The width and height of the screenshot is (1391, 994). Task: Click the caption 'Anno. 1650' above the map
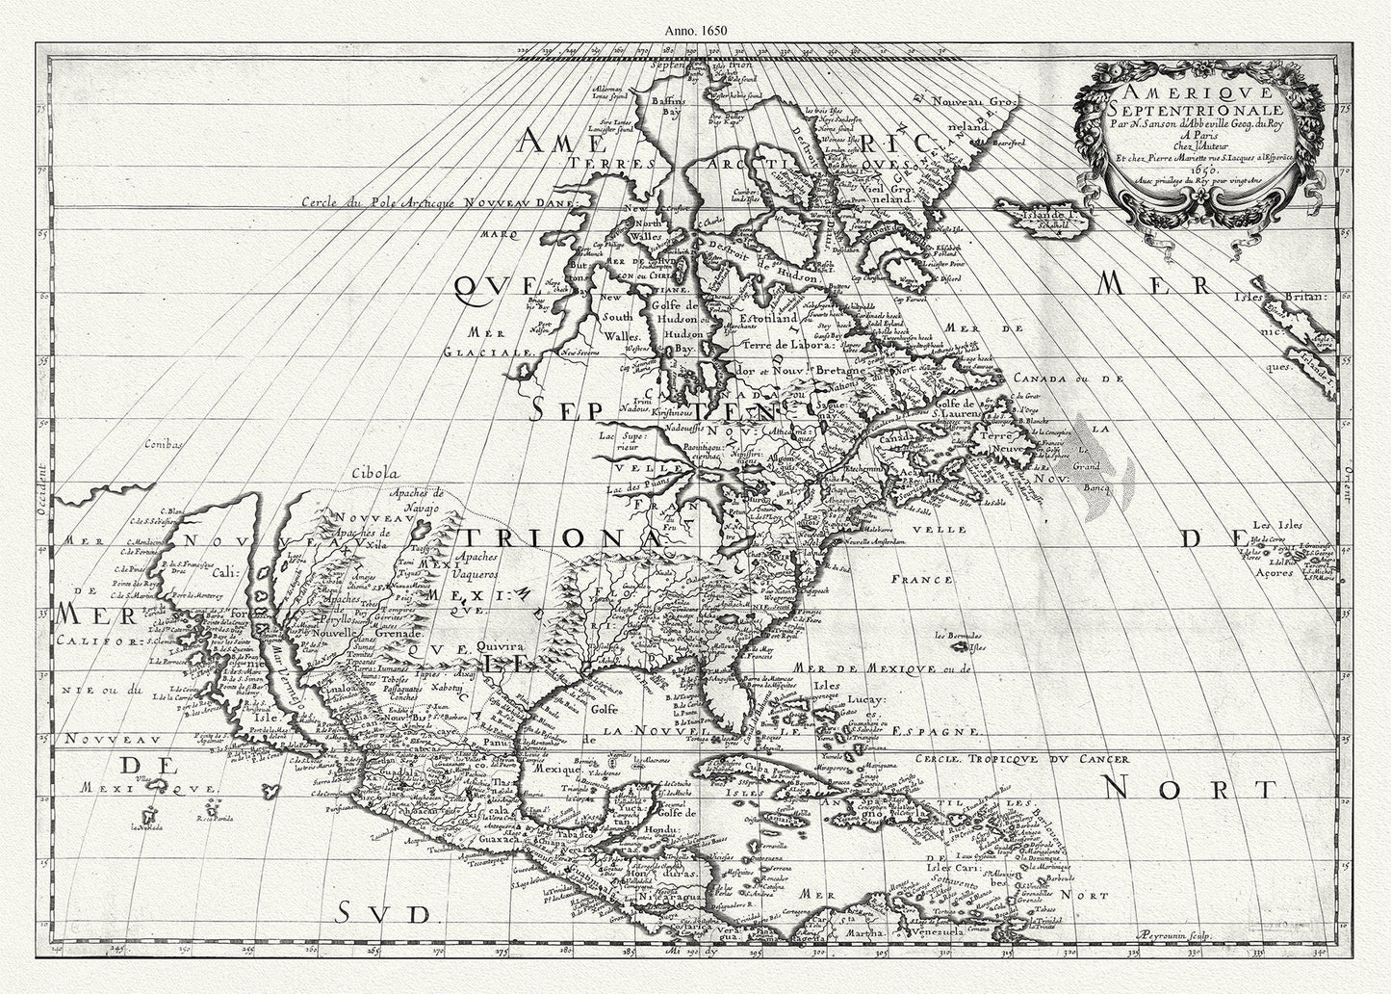click(695, 29)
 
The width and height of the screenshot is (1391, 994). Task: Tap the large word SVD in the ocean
click(381, 912)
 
